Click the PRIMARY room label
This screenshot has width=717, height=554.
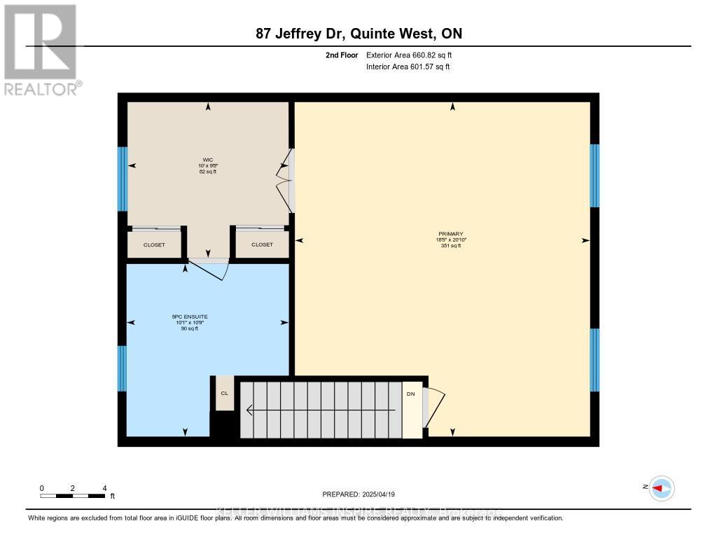[452, 234]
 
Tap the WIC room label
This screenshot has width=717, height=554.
[208, 160]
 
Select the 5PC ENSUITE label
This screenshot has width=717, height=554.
[190, 317]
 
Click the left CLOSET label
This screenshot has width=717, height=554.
[154, 244]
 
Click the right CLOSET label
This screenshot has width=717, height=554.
[262, 244]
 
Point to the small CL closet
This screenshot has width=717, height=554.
[225, 394]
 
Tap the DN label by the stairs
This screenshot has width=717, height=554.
[411, 394]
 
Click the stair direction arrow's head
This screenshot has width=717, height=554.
[247, 410]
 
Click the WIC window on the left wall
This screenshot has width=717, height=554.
[123, 179]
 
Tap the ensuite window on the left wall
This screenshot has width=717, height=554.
[122, 368]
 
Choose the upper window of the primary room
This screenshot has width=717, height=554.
[594, 175]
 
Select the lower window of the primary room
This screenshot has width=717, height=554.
[594, 359]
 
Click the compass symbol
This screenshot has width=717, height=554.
[661, 488]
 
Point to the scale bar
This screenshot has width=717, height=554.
[73, 496]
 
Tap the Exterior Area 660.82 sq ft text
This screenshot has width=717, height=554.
[414, 55]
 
